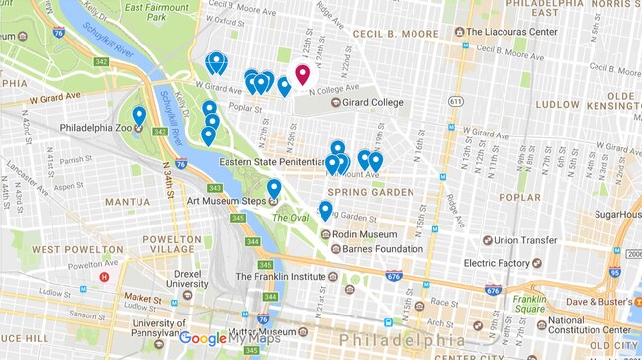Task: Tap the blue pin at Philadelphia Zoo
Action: click(139, 117)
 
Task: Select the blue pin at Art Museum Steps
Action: click(274, 188)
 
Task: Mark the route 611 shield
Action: click(455, 101)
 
